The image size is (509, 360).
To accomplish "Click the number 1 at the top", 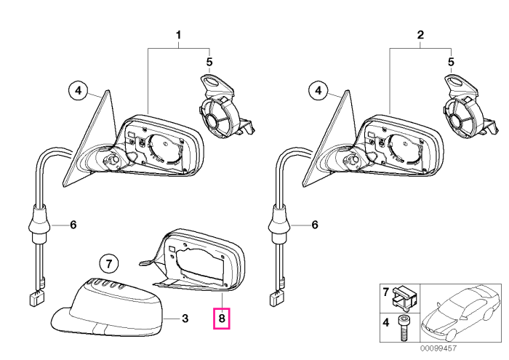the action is tap(178, 35).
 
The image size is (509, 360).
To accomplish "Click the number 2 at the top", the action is tap(420, 35).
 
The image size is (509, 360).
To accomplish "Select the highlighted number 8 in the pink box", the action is tap(221, 318).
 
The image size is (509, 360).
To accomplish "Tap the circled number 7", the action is tap(109, 263).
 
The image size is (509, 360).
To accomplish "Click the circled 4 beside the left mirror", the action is tap(79, 90).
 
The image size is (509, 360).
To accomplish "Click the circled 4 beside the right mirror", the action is tap(318, 90).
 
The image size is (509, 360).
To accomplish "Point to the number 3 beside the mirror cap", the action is tap(185, 319).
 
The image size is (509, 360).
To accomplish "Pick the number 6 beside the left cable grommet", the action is tap(73, 225).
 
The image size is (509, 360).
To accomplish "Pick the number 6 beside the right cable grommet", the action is tap(315, 225).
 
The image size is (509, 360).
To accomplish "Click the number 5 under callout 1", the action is tap(209, 62).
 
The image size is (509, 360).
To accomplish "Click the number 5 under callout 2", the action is tap(451, 62).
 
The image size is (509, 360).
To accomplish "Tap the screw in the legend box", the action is tap(403, 328).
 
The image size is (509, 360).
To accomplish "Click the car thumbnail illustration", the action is tap(460, 313).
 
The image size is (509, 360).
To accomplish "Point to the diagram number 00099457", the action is tap(438, 348).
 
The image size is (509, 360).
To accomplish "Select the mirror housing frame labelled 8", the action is tap(195, 260).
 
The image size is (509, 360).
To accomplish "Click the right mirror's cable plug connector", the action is tap(276, 298).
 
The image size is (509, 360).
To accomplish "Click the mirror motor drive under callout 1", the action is tap(224, 107).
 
